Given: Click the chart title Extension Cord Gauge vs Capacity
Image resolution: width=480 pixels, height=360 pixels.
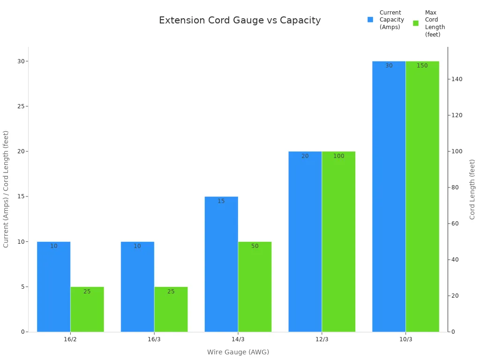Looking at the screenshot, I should coord(240,21).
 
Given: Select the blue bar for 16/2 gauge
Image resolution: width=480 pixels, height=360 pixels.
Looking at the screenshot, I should coord(53,287).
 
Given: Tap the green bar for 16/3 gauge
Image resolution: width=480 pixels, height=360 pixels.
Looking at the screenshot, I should coord(171,309).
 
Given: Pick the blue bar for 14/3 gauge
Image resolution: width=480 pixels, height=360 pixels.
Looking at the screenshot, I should coord(221,264).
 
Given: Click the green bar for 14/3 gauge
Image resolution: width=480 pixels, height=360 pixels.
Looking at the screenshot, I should coord(255,287).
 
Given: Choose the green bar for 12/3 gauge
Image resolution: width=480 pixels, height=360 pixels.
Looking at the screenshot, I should coord(338,241).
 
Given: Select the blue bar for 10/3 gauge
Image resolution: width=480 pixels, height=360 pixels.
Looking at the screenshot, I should coord(389,196).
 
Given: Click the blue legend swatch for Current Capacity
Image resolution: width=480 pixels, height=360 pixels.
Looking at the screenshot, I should coord(370,20).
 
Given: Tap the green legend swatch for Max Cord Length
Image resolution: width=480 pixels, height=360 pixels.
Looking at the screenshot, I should coord(416,23).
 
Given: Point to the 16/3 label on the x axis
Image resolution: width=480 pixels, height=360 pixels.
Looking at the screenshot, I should coord(154,339).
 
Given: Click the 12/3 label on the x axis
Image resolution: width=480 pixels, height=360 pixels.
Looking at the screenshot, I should coord(322,339).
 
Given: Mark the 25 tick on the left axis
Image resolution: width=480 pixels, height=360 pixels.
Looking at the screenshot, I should coord(21,106).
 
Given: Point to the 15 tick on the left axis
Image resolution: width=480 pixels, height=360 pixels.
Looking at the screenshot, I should coord(21,196).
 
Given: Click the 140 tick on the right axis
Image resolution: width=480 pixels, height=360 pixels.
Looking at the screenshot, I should coord(457,79).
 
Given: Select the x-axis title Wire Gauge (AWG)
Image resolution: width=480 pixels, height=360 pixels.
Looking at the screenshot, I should coord(238,352).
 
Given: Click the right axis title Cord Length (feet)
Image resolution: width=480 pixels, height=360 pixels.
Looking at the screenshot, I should coord(472,189).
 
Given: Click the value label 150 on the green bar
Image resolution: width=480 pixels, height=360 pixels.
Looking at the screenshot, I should coord(422,66).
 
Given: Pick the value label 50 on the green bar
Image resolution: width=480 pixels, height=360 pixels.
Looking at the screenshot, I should coord(255,246).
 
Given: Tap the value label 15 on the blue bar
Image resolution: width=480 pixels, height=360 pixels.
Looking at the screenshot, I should coord(221,201).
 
